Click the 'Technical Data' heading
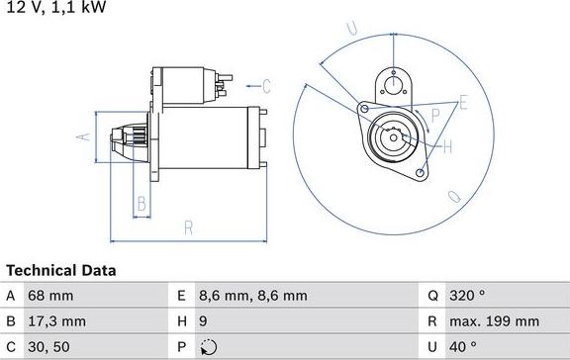click(x=61, y=270)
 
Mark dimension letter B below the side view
click(x=142, y=206)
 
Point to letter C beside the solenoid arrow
click(x=266, y=85)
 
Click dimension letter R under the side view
click(x=188, y=228)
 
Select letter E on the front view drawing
click(x=462, y=101)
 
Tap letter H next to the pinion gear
click(x=447, y=147)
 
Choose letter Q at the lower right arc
click(x=454, y=196)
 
